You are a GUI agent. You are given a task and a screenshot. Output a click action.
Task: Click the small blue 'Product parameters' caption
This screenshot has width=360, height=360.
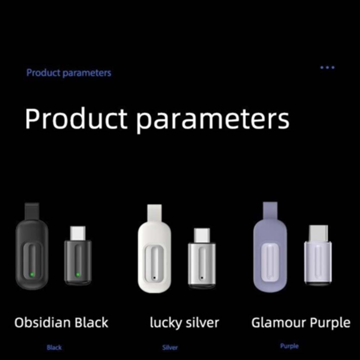pos(69,73)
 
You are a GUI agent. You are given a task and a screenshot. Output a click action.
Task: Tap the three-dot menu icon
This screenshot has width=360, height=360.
pos(327,68)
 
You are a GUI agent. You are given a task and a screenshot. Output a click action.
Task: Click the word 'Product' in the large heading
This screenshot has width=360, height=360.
pos(76,119)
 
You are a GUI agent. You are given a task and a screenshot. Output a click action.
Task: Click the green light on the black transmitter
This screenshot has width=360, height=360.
pos(32,274)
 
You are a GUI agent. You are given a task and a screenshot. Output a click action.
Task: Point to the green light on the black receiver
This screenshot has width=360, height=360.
pos(78,274)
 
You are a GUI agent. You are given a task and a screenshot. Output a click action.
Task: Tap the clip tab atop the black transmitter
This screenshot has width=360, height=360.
pos(32,211)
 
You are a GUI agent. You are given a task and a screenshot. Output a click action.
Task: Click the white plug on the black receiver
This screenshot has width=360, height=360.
pos(78,233)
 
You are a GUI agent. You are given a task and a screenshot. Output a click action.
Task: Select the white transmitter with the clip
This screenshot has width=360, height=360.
pos(154,249)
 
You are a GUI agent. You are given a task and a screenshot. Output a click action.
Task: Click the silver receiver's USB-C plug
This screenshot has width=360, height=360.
pos(202,235)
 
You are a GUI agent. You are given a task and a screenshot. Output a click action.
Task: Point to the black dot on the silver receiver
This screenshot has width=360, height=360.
pos(202,278)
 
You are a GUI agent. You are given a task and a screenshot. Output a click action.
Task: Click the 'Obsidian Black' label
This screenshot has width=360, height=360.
pos(61,323)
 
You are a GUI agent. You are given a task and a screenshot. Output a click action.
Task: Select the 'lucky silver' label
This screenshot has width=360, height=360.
pos(185,323)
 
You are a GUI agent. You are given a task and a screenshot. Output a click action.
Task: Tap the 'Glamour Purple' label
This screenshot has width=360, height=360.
pos(301,323)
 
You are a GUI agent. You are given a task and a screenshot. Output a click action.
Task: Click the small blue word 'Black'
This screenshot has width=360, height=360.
pos(54,347)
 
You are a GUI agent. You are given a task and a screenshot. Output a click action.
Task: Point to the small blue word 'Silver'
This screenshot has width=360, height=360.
pos(170,347)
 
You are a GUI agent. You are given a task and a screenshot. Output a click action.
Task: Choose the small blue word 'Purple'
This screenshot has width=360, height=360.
pos(289,346)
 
